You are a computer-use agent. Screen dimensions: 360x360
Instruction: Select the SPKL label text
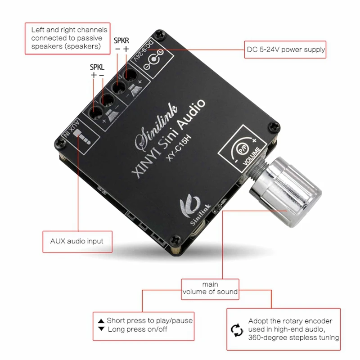97,67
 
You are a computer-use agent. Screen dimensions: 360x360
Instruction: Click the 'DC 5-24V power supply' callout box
285,49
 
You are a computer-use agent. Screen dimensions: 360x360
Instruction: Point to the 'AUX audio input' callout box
76,241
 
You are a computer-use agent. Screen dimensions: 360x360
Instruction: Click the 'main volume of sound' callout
210,288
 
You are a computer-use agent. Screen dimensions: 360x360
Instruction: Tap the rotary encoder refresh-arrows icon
237,331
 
